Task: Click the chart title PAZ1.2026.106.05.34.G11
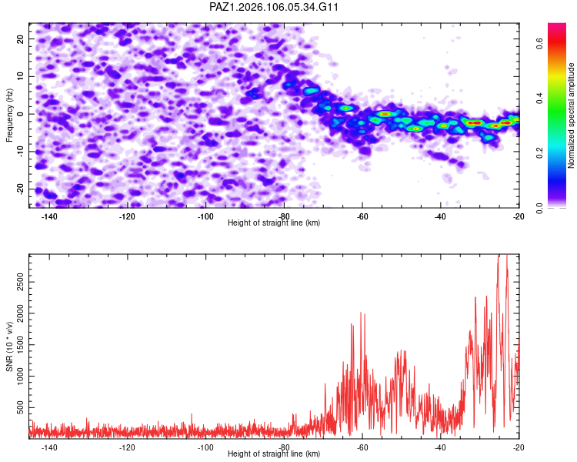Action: click(273, 7)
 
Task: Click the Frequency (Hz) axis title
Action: click(9, 115)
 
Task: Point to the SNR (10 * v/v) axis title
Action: click(9, 346)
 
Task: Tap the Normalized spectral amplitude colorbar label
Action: click(571, 115)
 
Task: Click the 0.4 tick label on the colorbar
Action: click(539, 99)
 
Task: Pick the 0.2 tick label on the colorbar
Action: click(539, 153)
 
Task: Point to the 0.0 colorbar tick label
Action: click(539, 208)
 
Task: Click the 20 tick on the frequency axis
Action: click(21, 38)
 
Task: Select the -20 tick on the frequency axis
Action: click(21, 189)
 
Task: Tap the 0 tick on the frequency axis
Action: click(21, 114)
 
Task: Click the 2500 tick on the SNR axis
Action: click(21, 283)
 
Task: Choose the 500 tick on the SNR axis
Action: click(21, 407)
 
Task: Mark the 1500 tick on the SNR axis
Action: click(21, 345)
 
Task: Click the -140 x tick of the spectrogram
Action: click(49, 216)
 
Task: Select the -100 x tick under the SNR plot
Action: click(205, 447)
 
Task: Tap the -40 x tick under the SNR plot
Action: click(440, 447)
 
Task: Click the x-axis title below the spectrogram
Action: click(274, 223)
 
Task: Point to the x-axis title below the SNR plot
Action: click(274, 454)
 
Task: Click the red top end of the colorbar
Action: click(557, 25)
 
